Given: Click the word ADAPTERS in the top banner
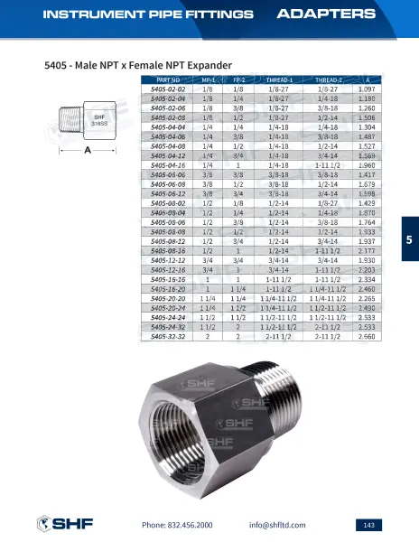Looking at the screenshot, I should pyautogui.click(x=325, y=14).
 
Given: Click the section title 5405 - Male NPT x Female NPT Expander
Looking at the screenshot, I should pyautogui.click(x=138, y=65).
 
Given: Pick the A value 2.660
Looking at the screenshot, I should pyautogui.click(x=367, y=335).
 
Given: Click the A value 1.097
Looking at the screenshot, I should pyautogui.click(x=367, y=90).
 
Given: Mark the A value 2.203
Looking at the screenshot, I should pyautogui.click(x=367, y=269).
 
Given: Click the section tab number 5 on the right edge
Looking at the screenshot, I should pyautogui.click(x=408, y=239).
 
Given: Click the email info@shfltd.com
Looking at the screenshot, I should pyautogui.click(x=277, y=525).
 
